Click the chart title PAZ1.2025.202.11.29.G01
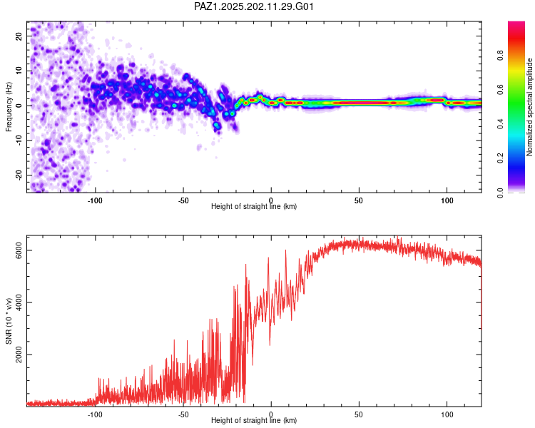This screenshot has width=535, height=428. click(254, 6)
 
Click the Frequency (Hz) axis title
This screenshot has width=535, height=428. click(9, 107)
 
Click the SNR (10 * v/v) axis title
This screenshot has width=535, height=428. click(9, 321)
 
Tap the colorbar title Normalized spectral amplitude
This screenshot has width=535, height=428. click(529, 107)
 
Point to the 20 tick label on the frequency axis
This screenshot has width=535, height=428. click(19, 36)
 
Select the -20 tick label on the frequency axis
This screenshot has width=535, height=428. click(19, 175)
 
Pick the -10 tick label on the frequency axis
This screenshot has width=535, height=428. click(19, 141)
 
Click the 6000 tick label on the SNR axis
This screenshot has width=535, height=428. click(19, 250)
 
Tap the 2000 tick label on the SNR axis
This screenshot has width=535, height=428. click(19, 355)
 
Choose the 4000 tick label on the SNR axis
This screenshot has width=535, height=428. click(19, 302)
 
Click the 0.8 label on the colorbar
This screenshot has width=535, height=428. click(500, 56)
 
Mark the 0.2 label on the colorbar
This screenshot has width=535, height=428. click(500, 158)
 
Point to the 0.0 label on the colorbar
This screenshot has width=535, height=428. click(500, 193)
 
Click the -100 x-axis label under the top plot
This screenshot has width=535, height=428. click(95, 200)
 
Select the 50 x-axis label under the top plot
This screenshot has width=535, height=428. click(359, 200)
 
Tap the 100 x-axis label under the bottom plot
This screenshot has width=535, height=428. click(447, 414)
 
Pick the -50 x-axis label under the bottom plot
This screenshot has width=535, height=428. click(183, 414)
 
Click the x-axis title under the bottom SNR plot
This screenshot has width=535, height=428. click(254, 420)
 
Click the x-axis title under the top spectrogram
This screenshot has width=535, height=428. click(254, 206)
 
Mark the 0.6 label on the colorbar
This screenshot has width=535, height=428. click(500, 90)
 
